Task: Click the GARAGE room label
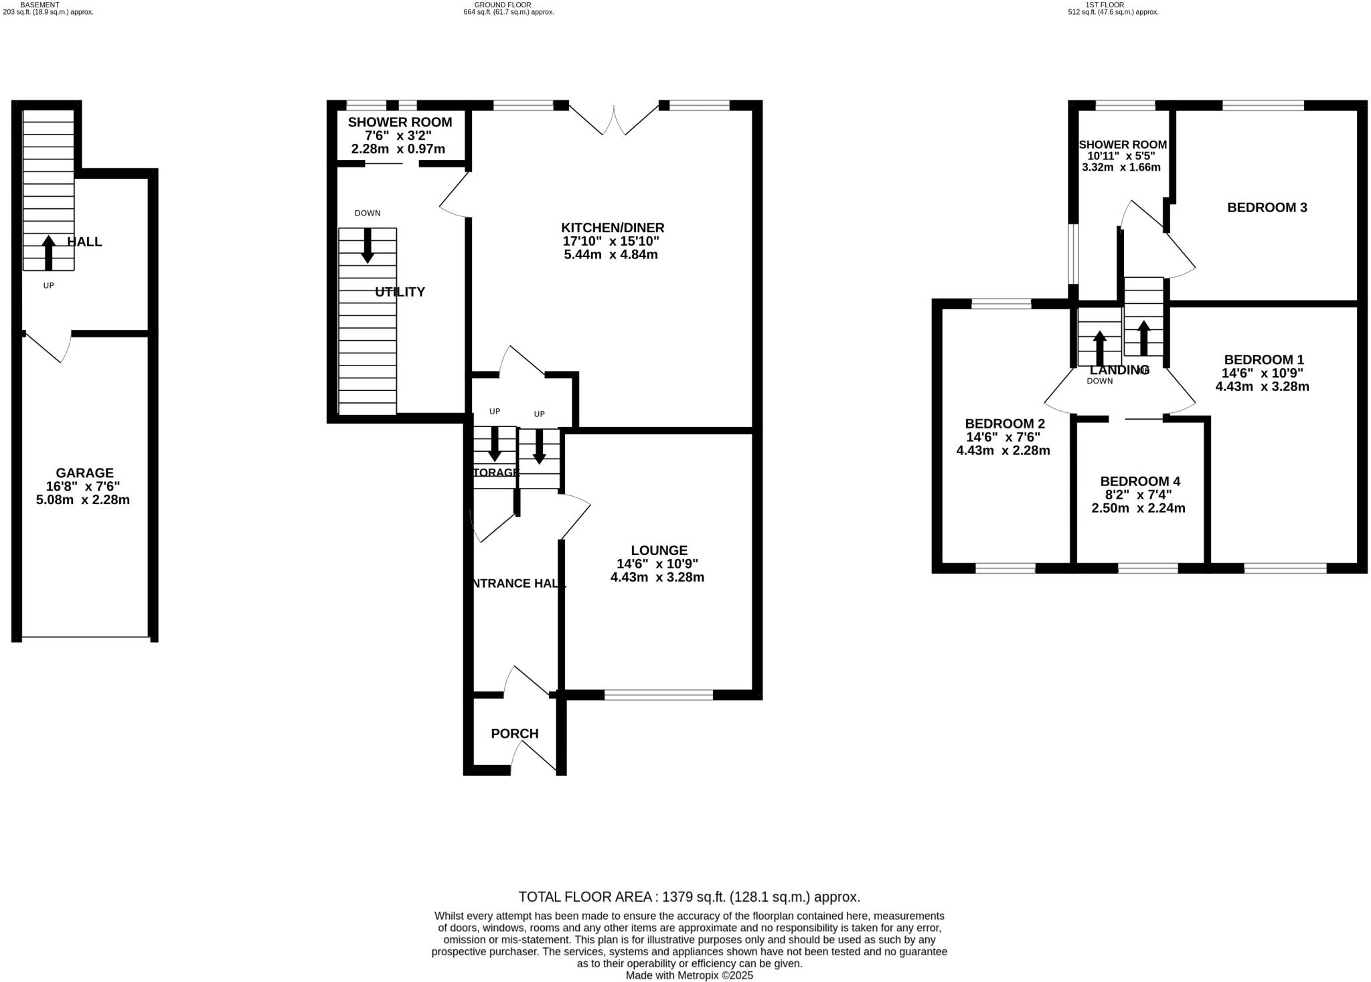[x=84, y=473]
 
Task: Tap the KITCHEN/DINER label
[x=612, y=228]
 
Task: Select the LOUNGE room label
[x=659, y=550]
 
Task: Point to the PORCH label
[x=514, y=734]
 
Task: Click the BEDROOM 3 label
[x=1267, y=208]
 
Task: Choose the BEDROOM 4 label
[x=1139, y=481]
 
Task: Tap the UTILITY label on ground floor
[x=400, y=292]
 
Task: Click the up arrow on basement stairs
[x=48, y=252]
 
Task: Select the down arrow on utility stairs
[x=368, y=246]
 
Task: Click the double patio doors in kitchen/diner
[x=613, y=120]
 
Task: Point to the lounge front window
[x=658, y=695]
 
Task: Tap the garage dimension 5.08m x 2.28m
[x=83, y=500]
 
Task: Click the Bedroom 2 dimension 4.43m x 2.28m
[x=1003, y=451]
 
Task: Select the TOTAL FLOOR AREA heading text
[x=689, y=897]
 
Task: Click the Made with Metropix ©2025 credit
[x=689, y=975]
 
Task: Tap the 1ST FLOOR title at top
[x=1113, y=5]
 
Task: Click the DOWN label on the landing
[x=1099, y=381]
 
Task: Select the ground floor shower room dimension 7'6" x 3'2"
[x=398, y=136]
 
